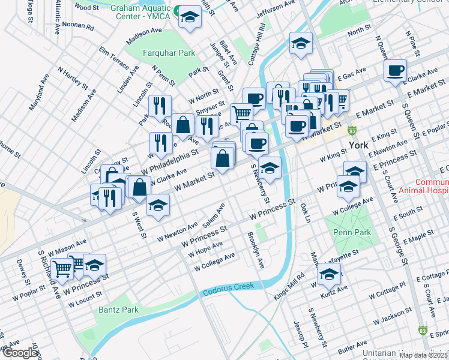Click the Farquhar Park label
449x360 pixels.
[x=169, y=53]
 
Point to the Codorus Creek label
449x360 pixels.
[x=229, y=290]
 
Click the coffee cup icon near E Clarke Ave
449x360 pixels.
[x=395, y=71]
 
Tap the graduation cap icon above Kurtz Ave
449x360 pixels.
[x=329, y=275]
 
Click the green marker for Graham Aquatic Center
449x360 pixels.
[x=177, y=10]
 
